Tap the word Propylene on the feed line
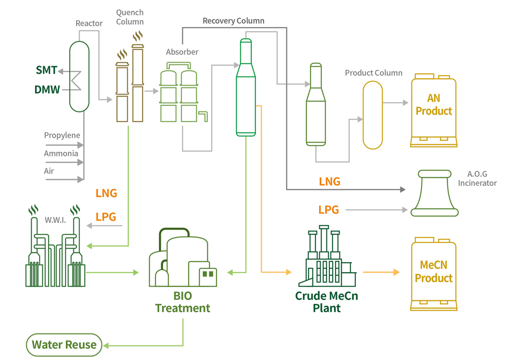(62, 136)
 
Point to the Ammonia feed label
(61, 153)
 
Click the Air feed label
(49, 171)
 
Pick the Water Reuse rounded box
(64, 345)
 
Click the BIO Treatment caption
(182, 302)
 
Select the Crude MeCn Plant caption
(326, 302)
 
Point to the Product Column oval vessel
(373, 115)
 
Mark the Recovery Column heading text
(233, 20)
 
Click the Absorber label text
(182, 52)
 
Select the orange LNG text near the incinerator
(329, 181)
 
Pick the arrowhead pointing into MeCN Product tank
(396, 272)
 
